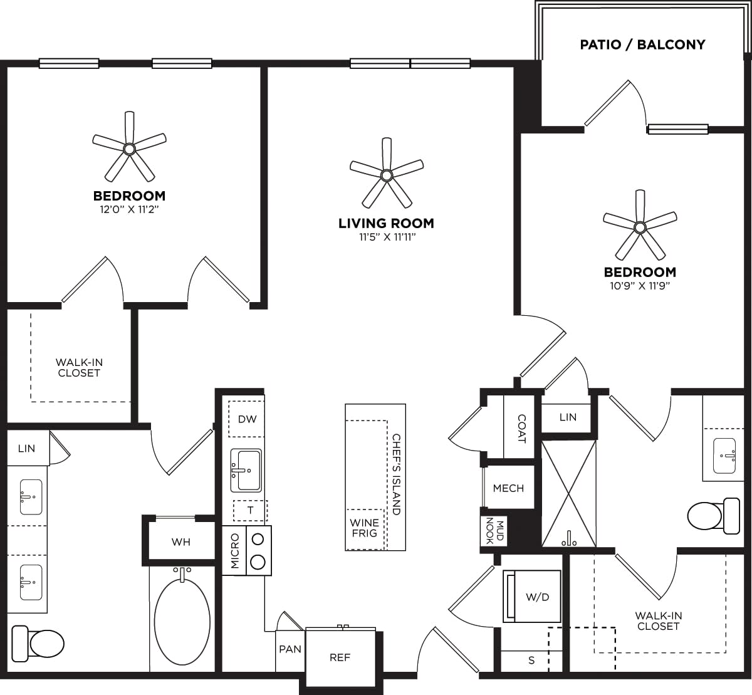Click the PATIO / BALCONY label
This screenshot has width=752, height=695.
coord(642,44)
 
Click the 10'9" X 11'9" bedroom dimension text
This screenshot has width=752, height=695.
coord(640,286)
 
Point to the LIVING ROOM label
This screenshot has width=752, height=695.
coord(386,223)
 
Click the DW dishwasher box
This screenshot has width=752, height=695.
coord(247,419)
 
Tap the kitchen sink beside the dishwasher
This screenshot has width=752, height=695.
coord(246,470)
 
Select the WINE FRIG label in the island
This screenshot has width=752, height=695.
coord(364,528)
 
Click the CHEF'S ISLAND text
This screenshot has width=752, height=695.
coord(396,474)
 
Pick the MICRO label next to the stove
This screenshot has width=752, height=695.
coord(235,551)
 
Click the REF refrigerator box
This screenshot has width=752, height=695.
coord(340,657)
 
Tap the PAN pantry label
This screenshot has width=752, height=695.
coord(290,649)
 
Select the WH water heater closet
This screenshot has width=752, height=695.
coord(180,541)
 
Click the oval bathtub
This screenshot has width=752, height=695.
coord(182,620)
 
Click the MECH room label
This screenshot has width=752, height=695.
coord(508,488)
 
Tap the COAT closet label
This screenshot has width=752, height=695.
coord(521,429)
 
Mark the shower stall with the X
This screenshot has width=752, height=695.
coord(568,493)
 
